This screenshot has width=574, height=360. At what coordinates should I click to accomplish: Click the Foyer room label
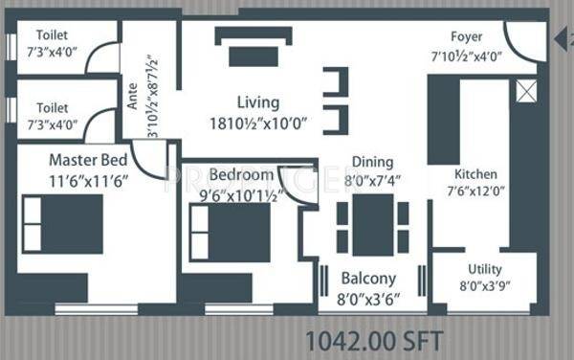pyautogui.click(x=467, y=37)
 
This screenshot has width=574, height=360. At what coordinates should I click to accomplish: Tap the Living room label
pyautogui.click(x=258, y=102)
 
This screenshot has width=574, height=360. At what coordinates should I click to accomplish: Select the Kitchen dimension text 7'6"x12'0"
pyautogui.click(x=475, y=191)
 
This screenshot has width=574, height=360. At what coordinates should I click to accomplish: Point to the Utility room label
pyautogui.click(x=485, y=269)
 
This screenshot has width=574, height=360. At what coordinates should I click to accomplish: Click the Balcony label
pyautogui.click(x=368, y=279)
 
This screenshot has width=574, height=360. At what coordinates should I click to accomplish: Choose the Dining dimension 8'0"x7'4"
pyautogui.click(x=372, y=180)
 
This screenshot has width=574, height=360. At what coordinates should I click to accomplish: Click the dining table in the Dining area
pyautogui.click(x=373, y=225)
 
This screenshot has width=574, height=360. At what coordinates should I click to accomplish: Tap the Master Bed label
pyautogui.click(x=88, y=160)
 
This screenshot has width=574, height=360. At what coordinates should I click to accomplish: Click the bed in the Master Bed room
pyautogui.click(x=62, y=224)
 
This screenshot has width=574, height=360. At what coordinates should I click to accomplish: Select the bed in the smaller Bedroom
pyautogui.click(x=230, y=233)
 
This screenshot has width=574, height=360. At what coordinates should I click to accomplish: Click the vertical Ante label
pyautogui.click(x=132, y=96)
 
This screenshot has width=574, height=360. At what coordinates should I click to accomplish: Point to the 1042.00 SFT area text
pyautogui.click(x=374, y=341)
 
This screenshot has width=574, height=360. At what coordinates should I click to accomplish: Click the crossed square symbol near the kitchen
pyautogui.click(x=526, y=92)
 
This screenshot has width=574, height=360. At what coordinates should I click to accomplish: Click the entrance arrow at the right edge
pyautogui.click(x=561, y=39)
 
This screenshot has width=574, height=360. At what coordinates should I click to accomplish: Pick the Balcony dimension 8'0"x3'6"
pyautogui.click(x=368, y=300)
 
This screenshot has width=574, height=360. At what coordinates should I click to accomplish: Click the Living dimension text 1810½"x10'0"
pyautogui.click(x=258, y=124)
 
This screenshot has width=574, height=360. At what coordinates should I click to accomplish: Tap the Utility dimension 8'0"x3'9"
pyautogui.click(x=485, y=285)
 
